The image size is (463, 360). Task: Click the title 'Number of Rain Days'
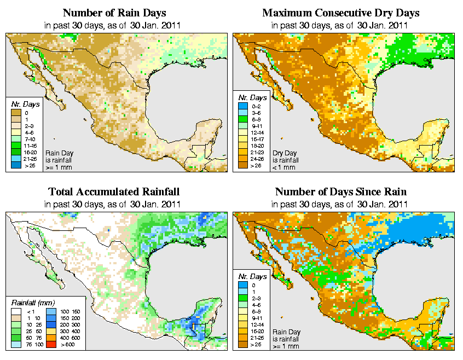pos(114,13)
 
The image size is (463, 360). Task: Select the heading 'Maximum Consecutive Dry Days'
pos(340,13)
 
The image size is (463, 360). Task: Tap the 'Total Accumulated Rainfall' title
pos(114,192)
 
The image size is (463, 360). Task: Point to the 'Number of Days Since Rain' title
pos(340,192)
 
